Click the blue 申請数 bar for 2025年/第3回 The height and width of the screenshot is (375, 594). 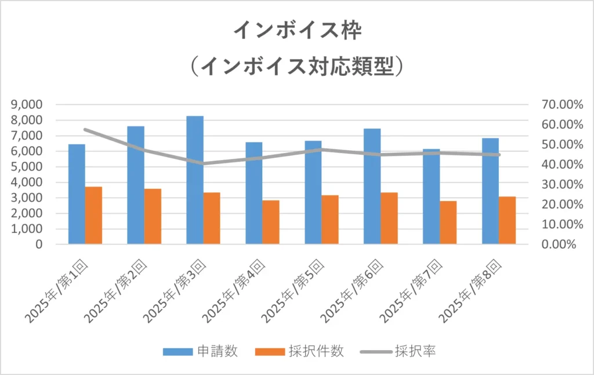click(x=195, y=180)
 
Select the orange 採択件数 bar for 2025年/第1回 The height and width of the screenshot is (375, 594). click(x=93, y=215)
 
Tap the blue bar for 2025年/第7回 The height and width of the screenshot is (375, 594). click(x=431, y=196)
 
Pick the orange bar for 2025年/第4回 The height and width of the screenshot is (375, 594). click(x=271, y=222)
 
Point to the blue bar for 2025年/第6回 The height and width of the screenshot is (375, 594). click(x=372, y=186)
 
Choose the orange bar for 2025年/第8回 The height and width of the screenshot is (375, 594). click(x=507, y=220)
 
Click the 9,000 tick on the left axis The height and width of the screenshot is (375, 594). click(x=27, y=105)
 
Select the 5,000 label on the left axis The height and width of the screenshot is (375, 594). click(x=27, y=167)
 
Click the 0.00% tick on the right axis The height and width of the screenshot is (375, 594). click(x=562, y=244)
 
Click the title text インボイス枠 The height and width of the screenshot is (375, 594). click(x=297, y=30)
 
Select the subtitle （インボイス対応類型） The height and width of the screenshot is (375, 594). click(x=297, y=67)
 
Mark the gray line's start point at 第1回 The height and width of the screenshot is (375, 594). click(x=85, y=129)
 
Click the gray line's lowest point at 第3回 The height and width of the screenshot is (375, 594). click(x=203, y=163)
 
